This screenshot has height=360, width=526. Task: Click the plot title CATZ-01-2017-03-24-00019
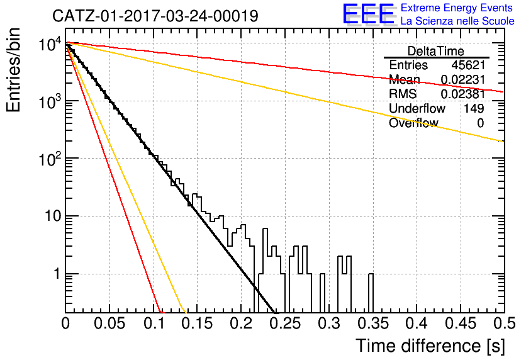pyautogui.click(x=155, y=16)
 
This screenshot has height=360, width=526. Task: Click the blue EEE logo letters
pyautogui.click(x=368, y=14)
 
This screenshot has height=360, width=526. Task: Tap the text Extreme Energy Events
pyautogui.click(x=457, y=8)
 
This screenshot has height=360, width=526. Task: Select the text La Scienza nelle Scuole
pyautogui.click(x=457, y=21)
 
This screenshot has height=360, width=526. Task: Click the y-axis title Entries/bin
pyautogui.click(x=14, y=70)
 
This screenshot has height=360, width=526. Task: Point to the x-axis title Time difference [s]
pyautogui.click(x=430, y=346)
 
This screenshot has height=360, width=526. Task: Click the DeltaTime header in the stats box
pyautogui.click(x=436, y=51)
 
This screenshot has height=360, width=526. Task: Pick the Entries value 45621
pyautogui.click(x=468, y=65)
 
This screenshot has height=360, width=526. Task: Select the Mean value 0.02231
pyautogui.click(x=462, y=79)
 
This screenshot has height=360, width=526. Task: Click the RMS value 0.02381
pyautogui.click(x=462, y=94)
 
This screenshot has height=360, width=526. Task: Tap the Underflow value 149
pyautogui.click(x=474, y=108)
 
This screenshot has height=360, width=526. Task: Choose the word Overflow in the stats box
pyautogui.click(x=413, y=123)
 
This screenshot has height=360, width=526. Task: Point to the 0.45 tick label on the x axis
pyautogui.click(x=461, y=323)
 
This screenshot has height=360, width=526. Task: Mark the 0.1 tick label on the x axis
pyautogui.click(x=154, y=323)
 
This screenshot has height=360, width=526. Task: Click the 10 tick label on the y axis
pyautogui.click(x=53, y=216)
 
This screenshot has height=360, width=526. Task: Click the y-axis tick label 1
pyautogui.click(x=57, y=274)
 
